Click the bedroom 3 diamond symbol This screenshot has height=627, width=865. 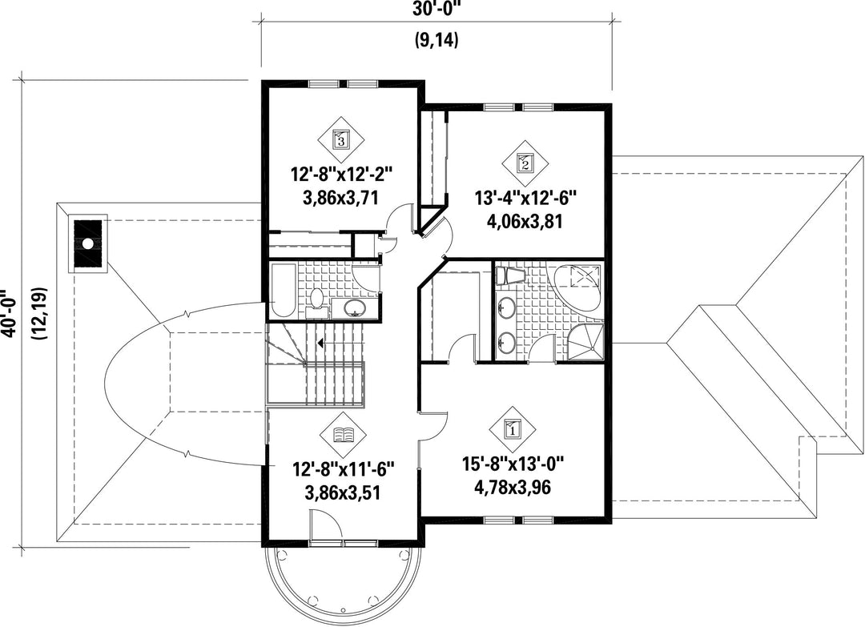tap(341, 140)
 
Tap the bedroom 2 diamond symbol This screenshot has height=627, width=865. tap(525, 163)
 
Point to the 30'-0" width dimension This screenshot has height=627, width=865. tap(436, 9)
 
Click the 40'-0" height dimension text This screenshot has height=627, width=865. tap(8, 313)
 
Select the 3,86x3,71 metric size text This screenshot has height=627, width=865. tap(341, 198)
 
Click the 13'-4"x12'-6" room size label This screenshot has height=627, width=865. tap(525, 197)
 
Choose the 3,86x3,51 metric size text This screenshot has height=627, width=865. tap(343, 492)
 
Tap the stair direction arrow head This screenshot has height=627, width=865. tap(320, 344)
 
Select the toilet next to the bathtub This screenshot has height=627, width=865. tap(316, 302)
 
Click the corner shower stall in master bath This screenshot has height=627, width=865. tap(586, 341)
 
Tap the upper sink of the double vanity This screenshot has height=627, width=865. tap(506, 306)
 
